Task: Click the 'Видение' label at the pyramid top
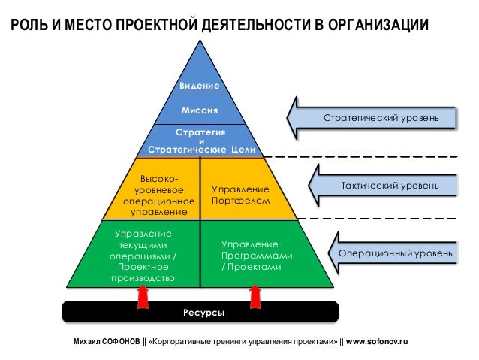[200, 86]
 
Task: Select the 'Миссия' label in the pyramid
[200, 110]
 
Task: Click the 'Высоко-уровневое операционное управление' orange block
[158, 196]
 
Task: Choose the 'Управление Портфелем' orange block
[240, 196]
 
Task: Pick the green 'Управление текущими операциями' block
[142, 256]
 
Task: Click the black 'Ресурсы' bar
[200, 311]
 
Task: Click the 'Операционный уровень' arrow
[394, 254]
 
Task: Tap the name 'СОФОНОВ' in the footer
[120, 341]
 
